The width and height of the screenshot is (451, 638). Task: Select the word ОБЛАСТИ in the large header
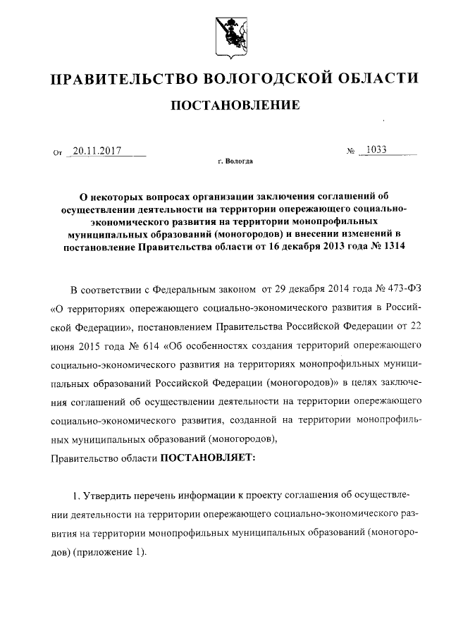point(375,78)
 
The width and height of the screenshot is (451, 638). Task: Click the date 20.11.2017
point(98,150)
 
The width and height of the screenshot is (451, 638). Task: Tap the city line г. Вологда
point(235,161)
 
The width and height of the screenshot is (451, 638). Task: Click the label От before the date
point(58,152)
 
